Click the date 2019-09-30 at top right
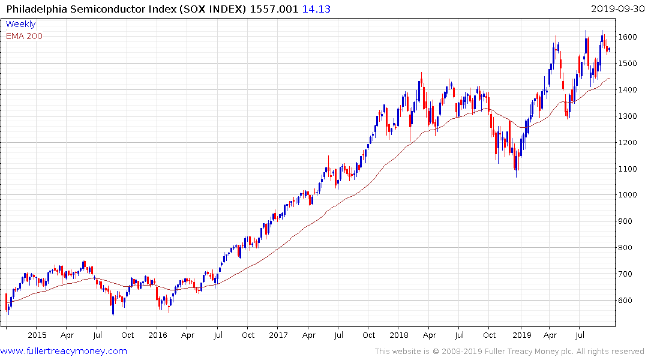pos(616,9)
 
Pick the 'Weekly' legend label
pos(20,25)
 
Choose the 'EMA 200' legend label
pos(24,36)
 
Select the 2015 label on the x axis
pos(37,335)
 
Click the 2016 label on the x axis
pos(158,335)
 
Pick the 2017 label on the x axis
pos(278,335)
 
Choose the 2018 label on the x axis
pos(399,335)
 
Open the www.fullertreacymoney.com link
pos(64,351)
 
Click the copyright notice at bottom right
pos(509,352)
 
